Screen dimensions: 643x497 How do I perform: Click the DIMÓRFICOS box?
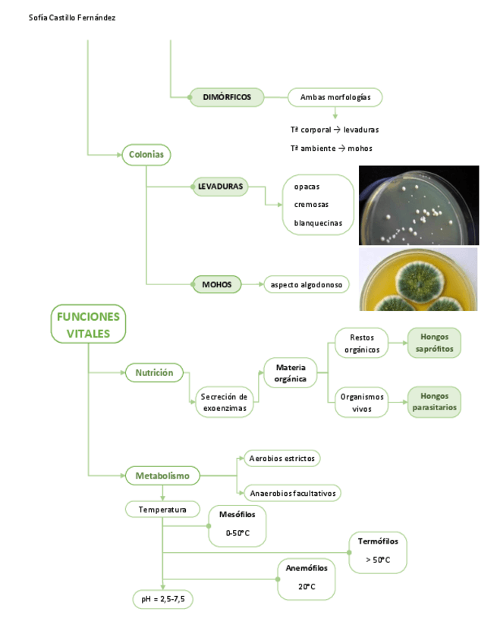tap(227, 97)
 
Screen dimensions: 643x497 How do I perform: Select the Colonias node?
tap(146, 155)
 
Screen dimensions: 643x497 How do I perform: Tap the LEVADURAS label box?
tap(220, 186)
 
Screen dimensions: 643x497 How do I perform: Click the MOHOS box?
tap(216, 285)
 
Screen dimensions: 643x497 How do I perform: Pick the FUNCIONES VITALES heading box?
tap(88, 325)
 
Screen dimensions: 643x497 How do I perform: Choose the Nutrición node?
tap(155, 372)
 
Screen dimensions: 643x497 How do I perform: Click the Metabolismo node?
tap(162, 476)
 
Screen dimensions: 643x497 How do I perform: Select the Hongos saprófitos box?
tap(434, 343)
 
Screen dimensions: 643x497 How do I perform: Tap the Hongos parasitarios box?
tap(435, 402)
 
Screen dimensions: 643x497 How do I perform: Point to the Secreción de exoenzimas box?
tap(225, 402)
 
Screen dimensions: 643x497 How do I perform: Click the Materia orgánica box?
tap(291, 373)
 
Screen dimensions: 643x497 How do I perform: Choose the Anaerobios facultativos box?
tap(292, 493)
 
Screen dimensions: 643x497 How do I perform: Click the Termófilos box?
tap(378, 551)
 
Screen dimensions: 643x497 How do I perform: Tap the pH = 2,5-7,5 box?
tap(163, 599)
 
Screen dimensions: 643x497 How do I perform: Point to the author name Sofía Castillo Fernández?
tap(72, 17)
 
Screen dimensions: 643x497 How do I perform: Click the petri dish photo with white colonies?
tap(418, 205)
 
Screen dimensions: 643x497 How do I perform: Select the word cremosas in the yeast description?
tap(312, 205)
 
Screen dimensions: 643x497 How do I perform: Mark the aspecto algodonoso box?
tap(306, 285)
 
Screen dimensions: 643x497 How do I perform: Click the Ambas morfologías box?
tap(335, 97)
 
